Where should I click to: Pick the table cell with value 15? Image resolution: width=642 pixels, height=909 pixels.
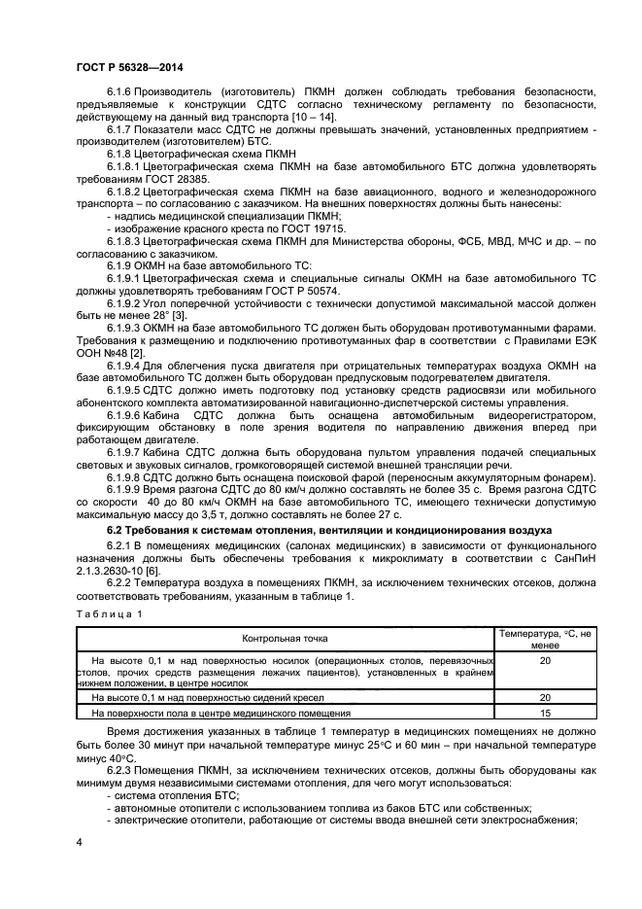click(x=545, y=713)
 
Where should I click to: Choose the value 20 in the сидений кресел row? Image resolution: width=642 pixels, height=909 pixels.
click(x=545, y=697)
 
